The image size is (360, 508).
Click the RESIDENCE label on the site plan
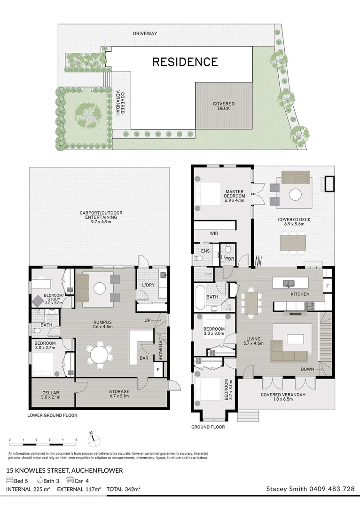pos(185,62)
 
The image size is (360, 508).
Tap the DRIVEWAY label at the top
pos(145,33)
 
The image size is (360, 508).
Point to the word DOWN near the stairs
pos(307,369)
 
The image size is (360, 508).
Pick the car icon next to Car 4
pos(70,480)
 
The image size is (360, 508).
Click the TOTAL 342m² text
pos(124,490)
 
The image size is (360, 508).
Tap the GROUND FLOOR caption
pos(208,427)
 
